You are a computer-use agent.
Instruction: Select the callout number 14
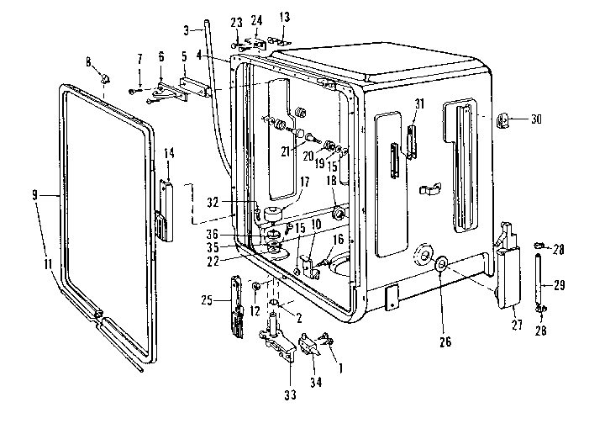169,153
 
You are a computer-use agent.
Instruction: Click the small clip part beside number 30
505,121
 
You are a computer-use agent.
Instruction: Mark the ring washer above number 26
439,267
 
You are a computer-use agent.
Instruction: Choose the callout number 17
304,182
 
